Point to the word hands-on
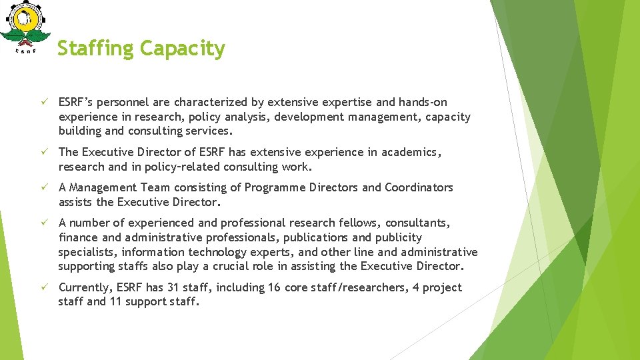[x=423, y=103]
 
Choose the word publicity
[x=398, y=237]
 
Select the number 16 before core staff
[x=273, y=287]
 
